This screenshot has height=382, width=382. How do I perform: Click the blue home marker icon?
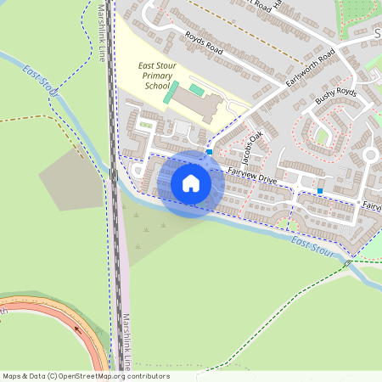[x=191, y=183]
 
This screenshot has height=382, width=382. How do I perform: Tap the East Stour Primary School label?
[x=156, y=76]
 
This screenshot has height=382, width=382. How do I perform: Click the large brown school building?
[x=201, y=106]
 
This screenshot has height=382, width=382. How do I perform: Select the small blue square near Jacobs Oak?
[x=209, y=152]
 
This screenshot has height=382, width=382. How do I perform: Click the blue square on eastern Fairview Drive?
[x=320, y=191]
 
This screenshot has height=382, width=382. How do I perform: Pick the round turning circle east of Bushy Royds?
[x=370, y=154]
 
